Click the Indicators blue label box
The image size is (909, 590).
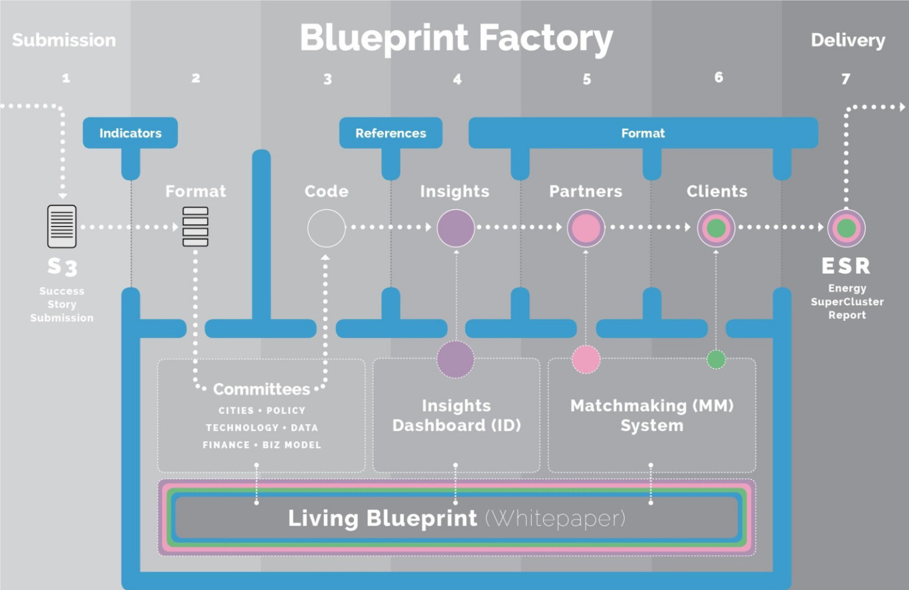[130, 133]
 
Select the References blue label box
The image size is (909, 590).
[390, 133]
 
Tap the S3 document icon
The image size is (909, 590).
[62, 227]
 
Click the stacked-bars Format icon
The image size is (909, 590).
[195, 227]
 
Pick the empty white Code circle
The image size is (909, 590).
[326, 228]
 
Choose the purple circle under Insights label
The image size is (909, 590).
[455, 228]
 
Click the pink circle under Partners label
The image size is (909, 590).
[586, 228]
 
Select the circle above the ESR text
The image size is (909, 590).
[846, 228]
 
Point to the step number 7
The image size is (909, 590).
[845, 79]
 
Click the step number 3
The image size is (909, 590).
[327, 79]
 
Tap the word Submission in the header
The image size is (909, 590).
[64, 40]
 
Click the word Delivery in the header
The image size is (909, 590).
[848, 41]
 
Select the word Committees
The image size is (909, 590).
[262, 389]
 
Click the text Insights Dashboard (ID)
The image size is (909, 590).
[456, 415]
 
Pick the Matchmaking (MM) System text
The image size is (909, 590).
[651, 415]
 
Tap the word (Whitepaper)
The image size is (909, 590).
[555, 518]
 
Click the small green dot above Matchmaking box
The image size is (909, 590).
[716, 359]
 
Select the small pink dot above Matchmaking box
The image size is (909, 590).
[586, 359]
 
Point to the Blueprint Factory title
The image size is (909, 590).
[456, 38]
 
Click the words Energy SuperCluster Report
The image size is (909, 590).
[847, 302]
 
